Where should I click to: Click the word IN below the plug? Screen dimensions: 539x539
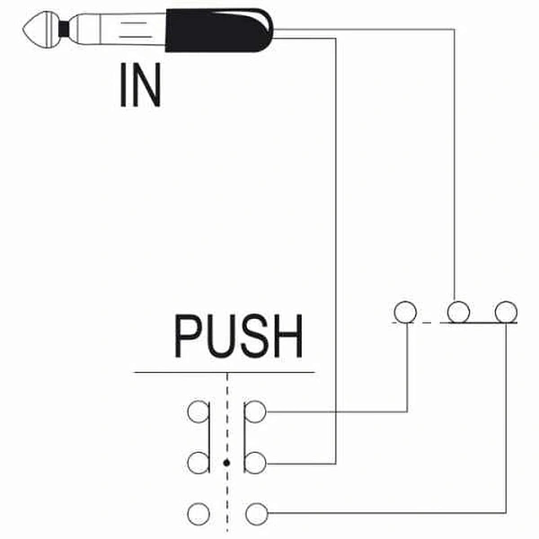click(x=140, y=85)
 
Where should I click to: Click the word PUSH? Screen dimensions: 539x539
click(x=239, y=336)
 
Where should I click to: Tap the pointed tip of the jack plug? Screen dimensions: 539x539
click(x=23, y=30)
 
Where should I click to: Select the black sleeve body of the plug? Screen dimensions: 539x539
click(x=219, y=31)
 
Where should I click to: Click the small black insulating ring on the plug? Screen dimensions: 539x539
click(x=64, y=30)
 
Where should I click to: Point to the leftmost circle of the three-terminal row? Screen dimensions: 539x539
click(x=406, y=312)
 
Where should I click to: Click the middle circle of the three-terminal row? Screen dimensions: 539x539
click(x=458, y=312)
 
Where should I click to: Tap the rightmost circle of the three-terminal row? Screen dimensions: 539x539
click(x=506, y=312)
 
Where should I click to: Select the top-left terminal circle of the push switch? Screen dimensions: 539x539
click(x=199, y=411)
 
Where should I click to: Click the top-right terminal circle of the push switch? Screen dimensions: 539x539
click(x=255, y=411)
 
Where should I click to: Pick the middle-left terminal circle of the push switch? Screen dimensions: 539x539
click(x=199, y=463)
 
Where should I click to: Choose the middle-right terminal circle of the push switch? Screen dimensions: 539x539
click(x=255, y=463)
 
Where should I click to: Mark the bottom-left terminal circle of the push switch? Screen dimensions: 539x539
click(x=199, y=514)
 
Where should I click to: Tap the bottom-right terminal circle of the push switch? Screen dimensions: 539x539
click(x=256, y=514)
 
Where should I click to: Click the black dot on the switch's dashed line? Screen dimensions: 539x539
click(x=226, y=463)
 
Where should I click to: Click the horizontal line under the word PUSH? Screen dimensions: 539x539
click(x=224, y=372)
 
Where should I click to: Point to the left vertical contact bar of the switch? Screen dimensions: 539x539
click(x=208, y=437)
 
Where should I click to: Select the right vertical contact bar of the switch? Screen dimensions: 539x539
click(x=244, y=437)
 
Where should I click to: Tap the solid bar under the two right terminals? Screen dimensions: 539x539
click(x=479, y=323)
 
